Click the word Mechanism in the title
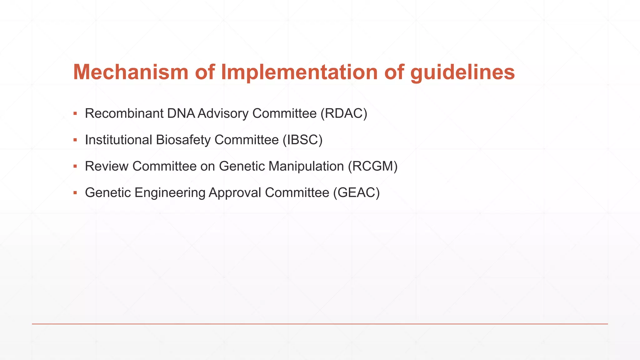(131, 72)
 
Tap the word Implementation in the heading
(299, 72)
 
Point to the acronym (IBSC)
(302, 140)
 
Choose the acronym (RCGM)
(372, 166)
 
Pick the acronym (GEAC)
(356, 192)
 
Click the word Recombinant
(124, 113)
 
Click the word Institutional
(118, 140)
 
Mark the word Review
(107, 166)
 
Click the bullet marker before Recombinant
(75, 113)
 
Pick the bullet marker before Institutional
(75, 140)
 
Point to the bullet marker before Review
(75, 166)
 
